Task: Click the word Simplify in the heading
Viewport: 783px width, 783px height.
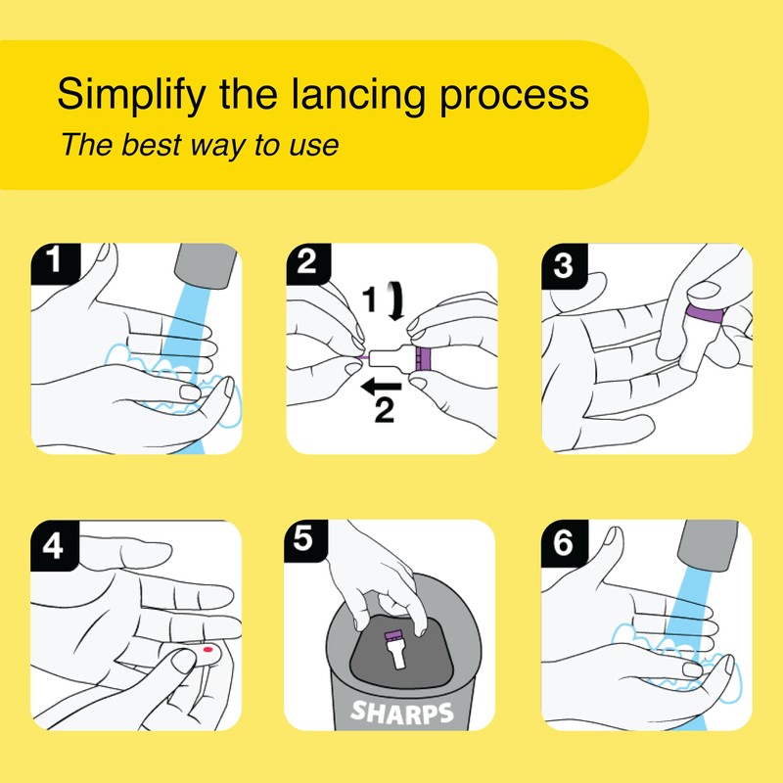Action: tap(131, 95)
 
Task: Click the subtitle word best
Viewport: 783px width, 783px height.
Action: tap(151, 145)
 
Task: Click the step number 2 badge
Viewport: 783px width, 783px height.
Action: tap(308, 263)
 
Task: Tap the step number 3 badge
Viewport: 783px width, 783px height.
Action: tap(565, 265)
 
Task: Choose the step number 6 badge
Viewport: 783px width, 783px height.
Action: tap(565, 543)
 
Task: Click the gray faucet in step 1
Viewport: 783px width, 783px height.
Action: tap(206, 265)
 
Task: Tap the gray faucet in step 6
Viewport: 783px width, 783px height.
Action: tap(708, 544)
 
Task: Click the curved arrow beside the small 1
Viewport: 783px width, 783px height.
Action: tap(397, 300)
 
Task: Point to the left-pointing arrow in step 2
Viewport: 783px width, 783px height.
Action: tap(381, 387)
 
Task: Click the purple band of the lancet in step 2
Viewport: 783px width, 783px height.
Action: tap(423, 358)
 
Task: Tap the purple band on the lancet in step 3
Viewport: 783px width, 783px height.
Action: tap(705, 313)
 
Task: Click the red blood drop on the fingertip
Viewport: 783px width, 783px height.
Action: tap(207, 650)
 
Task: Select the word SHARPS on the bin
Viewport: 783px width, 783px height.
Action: tap(402, 712)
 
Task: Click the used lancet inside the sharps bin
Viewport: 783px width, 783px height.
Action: tap(396, 648)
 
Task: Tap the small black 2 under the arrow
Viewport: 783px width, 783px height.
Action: tap(385, 410)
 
